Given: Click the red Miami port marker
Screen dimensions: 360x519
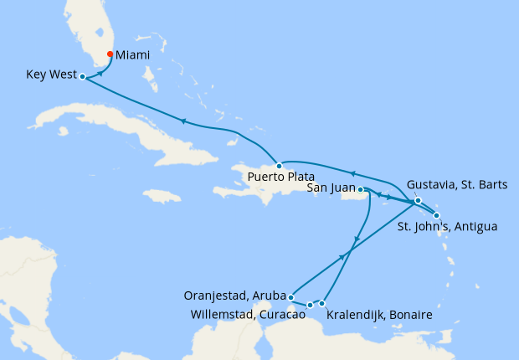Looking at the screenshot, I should tap(110, 55).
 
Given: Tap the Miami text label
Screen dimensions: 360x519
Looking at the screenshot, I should tap(134, 55).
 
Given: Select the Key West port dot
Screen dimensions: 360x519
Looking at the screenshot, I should tap(82, 76).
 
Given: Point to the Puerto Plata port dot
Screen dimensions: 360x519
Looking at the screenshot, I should tap(279, 166).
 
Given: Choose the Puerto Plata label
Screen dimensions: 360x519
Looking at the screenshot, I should tap(280, 177).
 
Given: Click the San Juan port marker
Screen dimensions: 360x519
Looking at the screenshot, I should tap(361, 190).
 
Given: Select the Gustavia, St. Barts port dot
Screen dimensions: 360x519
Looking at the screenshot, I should tap(418, 200).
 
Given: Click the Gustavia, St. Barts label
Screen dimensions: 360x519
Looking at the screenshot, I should tap(456, 184).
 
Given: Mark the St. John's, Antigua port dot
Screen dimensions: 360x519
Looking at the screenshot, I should tap(436, 215).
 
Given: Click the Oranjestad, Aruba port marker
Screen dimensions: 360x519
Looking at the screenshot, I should tap(290, 296).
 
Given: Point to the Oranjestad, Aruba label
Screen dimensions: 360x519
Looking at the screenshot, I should tap(234, 296).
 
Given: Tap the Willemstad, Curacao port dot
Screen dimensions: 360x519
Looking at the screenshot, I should tap(310, 305).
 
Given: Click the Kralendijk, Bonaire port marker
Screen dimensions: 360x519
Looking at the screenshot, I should tap(322, 303).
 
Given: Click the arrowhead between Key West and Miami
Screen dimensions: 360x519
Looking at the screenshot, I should tap(100, 73).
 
